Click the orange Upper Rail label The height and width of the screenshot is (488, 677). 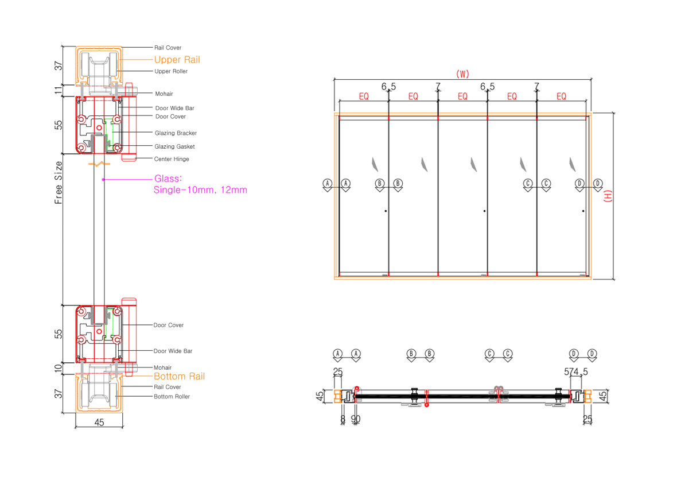[177, 60]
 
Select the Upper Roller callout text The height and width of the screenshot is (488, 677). [171, 71]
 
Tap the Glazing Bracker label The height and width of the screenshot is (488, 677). [176, 133]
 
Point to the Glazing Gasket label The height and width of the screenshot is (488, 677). [174, 146]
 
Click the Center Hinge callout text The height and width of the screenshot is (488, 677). [172, 159]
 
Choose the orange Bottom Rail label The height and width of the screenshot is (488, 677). [179, 377]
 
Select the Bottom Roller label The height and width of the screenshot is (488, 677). [172, 397]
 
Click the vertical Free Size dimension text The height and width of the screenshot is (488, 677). [58, 183]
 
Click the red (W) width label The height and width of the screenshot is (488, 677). [462, 73]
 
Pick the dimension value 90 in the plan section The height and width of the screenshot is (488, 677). [356, 419]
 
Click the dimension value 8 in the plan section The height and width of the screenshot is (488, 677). [343, 419]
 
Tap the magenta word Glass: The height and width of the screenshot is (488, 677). [168, 179]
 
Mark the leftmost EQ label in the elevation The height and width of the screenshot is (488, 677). [364, 96]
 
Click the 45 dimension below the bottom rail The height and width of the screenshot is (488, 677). [99, 423]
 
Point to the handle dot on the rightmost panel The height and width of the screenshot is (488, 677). [583, 212]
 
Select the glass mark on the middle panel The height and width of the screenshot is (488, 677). [474, 165]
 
